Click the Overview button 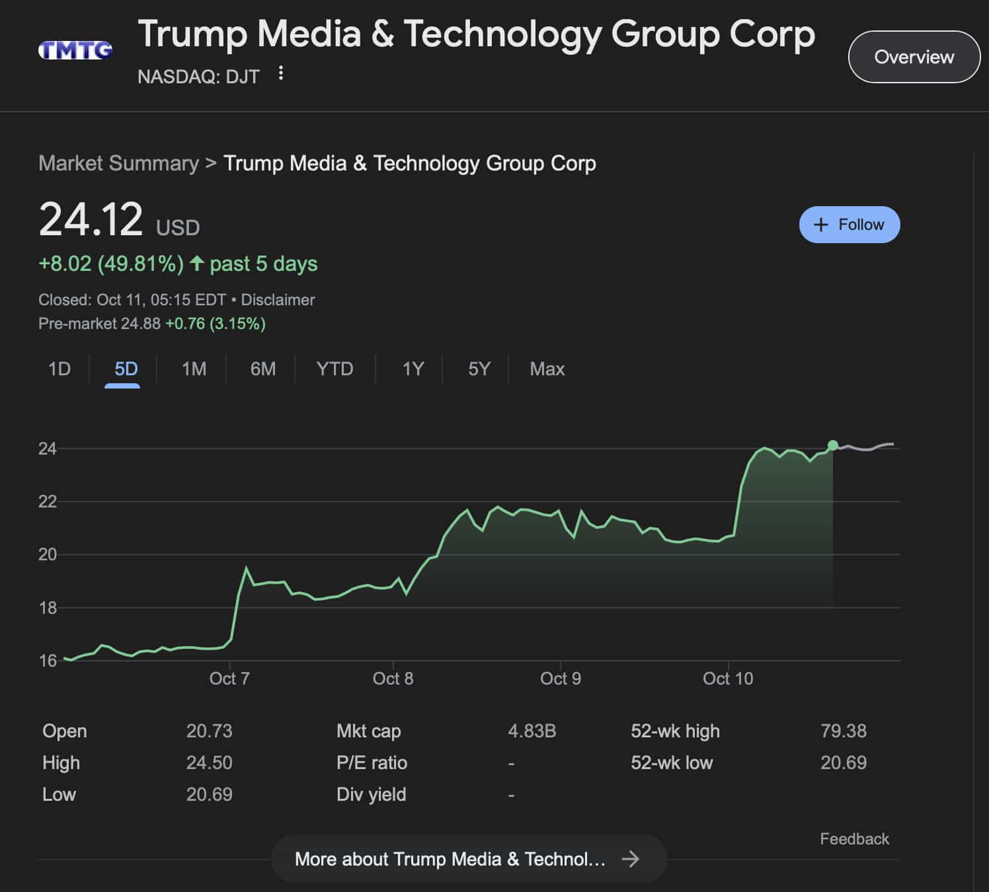pos(914,57)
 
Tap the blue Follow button pos(850,225)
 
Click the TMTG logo pos(75,50)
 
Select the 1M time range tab pos(194,369)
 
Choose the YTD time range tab pos(335,369)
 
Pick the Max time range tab pos(547,369)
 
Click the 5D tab pos(126,369)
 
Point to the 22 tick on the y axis pos(48,502)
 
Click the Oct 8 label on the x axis pos(393,679)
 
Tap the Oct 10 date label pos(728,679)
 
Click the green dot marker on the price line pos(833,445)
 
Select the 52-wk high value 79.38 pos(843,731)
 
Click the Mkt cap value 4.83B pos(532,731)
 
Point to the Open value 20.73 pos(209,731)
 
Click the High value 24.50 pos(209,762)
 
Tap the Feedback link pos(854,839)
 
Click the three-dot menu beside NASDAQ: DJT pos(281,73)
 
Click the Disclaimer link pos(278,300)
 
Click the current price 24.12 pos(91,220)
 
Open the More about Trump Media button pos(468,859)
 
